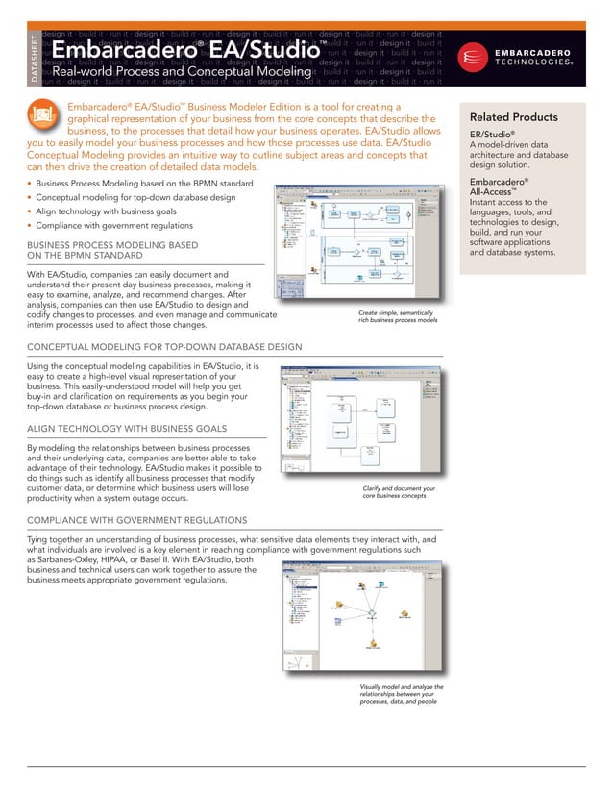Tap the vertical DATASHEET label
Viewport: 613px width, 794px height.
36,57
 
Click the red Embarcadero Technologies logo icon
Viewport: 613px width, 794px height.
472,57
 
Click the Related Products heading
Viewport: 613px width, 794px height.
513,117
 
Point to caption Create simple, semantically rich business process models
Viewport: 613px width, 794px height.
398,317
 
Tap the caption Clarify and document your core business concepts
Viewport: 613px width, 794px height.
399,492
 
